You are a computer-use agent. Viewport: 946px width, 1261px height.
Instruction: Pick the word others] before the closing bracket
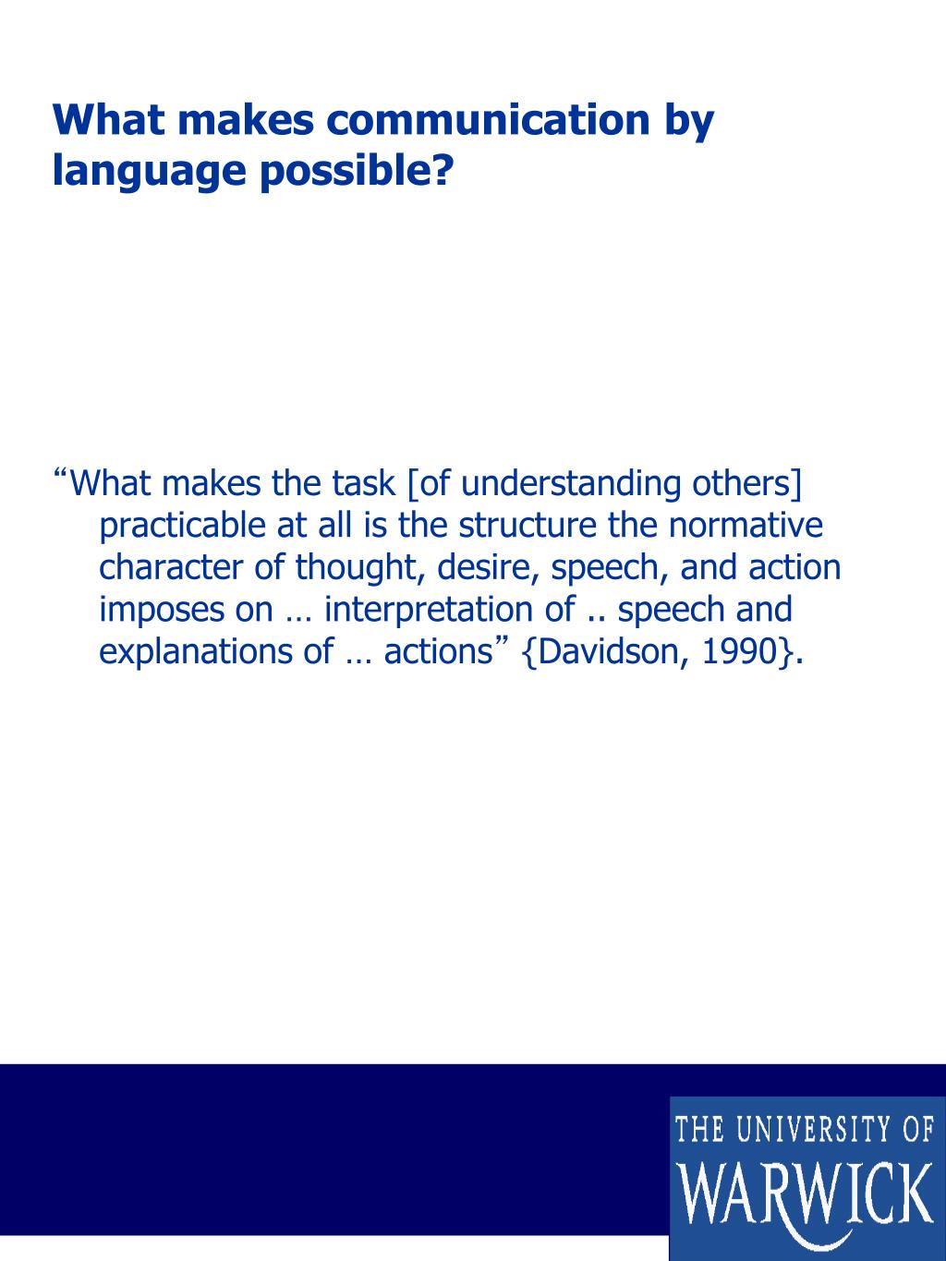pyautogui.click(x=746, y=483)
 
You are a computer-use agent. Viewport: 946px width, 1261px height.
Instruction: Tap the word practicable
pyautogui.click(x=183, y=527)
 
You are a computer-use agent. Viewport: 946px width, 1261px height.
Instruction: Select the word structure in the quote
pyautogui.click(x=528, y=525)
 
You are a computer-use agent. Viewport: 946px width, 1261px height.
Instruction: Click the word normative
pyautogui.click(x=746, y=525)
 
